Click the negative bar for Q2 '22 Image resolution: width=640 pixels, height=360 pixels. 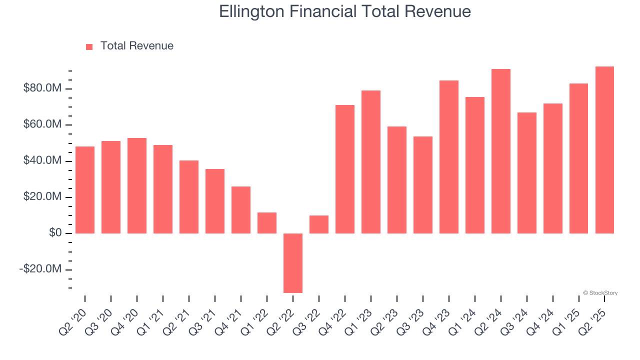(x=293, y=263)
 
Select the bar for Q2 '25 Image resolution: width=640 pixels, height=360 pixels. (x=604, y=150)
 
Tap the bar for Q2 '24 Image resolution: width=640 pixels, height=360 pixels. (x=500, y=151)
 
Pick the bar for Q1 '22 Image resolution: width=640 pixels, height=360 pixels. (x=267, y=223)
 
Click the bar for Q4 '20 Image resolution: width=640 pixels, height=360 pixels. (x=137, y=185)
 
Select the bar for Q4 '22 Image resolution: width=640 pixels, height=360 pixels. (x=345, y=169)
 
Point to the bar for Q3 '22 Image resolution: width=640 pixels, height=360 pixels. (x=319, y=224)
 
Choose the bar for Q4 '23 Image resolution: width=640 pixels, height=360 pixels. (x=449, y=157)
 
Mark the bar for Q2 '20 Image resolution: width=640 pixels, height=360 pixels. (x=85, y=190)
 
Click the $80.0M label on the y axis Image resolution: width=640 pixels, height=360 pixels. (x=42, y=88)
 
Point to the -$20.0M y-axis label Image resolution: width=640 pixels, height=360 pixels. (x=40, y=269)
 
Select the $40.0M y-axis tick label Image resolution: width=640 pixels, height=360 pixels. (x=42, y=161)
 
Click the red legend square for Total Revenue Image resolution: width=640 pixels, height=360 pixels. (x=89, y=46)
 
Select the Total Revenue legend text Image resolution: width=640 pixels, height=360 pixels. (x=136, y=46)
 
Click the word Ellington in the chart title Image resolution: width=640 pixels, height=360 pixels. (x=254, y=11)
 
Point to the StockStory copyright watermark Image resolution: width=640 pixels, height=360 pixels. (x=600, y=293)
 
